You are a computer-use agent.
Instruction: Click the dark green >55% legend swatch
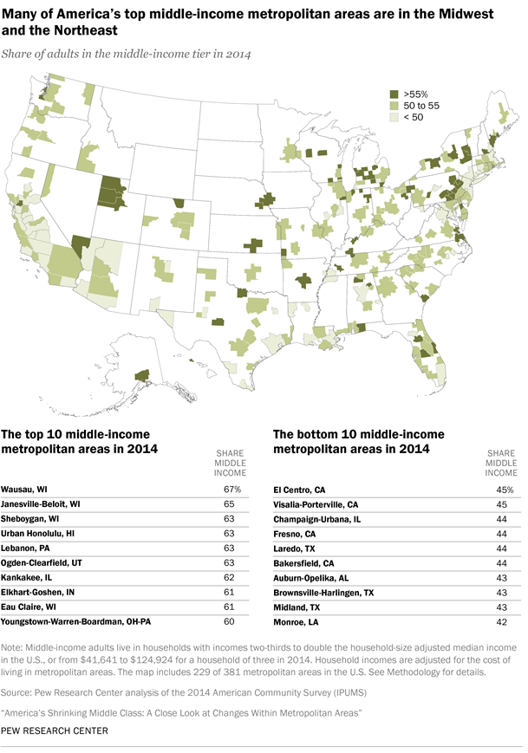[393, 92]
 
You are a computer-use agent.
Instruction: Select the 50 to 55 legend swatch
[393, 104]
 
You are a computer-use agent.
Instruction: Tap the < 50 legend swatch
[393, 116]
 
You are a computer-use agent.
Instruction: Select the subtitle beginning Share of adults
[127, 55]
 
